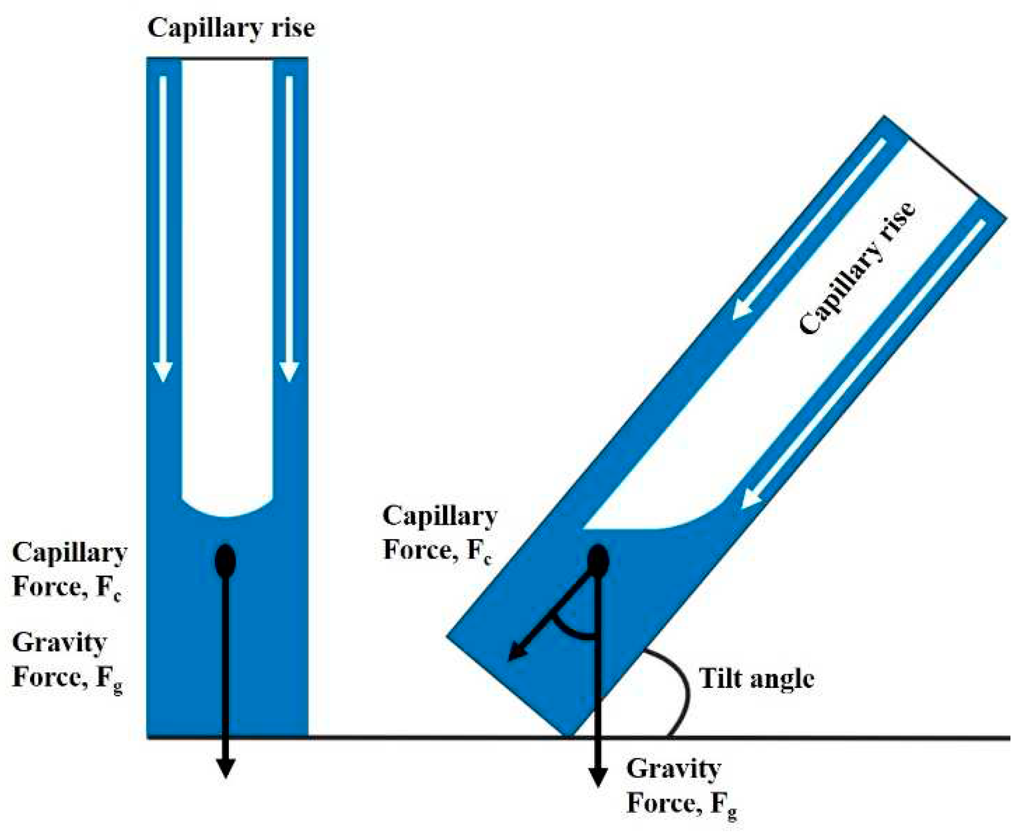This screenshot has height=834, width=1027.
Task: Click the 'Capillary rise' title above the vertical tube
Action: point(231,28)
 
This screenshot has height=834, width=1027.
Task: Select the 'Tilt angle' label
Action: point(756,679)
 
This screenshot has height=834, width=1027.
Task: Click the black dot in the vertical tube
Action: point(225,561)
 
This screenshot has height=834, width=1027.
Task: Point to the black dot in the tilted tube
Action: point(598,560)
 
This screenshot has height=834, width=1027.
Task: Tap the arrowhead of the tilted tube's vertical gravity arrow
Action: point(598,777)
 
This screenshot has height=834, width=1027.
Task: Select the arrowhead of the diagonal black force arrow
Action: point(516,654)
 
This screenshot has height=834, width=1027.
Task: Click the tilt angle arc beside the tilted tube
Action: point(683,689)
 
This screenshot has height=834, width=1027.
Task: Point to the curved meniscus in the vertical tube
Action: point(228,513)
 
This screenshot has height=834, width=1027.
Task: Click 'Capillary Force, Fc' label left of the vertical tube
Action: point(69,570)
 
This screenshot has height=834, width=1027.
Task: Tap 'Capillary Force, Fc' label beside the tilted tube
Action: point(439,534)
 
